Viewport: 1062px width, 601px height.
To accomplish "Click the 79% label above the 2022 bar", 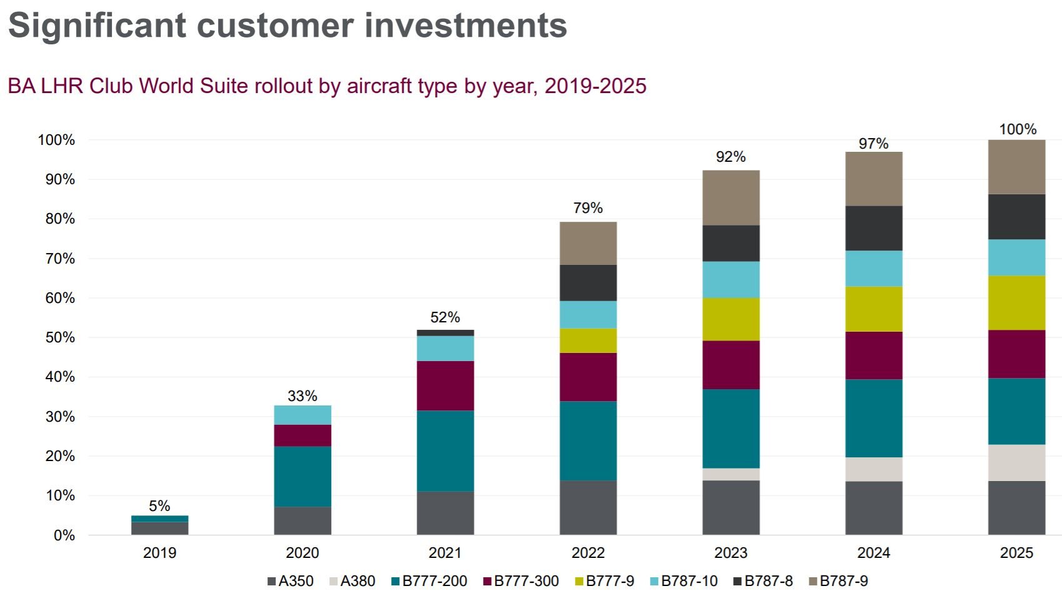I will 588,208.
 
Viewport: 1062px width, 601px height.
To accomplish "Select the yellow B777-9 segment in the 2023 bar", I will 731,319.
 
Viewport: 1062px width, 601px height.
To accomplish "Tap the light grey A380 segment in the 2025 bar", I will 1016,463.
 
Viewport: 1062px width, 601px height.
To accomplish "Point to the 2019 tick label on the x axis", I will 159,553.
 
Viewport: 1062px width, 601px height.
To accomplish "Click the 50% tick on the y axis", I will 60,337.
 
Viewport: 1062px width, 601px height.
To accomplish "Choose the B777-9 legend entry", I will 604,581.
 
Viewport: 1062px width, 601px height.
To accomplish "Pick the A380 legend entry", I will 352,581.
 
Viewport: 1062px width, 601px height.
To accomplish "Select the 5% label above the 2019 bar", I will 159,506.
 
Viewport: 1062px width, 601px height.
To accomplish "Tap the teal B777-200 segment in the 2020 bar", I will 303,477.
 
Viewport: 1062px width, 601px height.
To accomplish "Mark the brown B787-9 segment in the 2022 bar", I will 588,243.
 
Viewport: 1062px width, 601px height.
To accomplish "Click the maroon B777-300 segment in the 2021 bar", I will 445,385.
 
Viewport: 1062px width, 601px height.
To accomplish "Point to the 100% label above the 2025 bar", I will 1018,129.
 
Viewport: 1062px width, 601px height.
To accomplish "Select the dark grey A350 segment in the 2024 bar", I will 873,508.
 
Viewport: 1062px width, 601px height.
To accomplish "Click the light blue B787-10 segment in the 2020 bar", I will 303,415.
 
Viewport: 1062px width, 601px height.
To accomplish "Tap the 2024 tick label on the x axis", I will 873,553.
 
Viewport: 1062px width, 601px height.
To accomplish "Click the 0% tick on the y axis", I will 64,535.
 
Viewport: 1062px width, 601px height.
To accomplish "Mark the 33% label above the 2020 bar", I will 303,396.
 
